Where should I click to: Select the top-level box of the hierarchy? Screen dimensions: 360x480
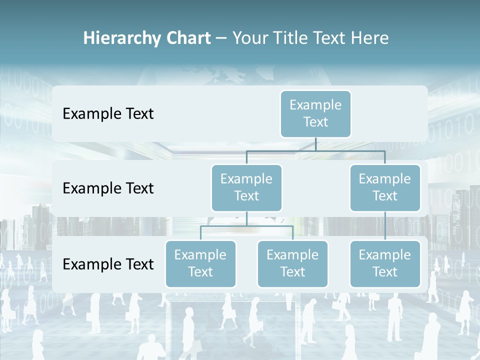315,113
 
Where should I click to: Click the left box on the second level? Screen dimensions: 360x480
246,187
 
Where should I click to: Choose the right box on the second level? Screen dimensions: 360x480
385,187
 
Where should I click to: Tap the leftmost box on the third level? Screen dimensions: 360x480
200,263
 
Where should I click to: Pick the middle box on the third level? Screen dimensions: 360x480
292,263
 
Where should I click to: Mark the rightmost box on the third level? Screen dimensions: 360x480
385,263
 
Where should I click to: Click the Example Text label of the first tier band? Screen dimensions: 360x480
108,114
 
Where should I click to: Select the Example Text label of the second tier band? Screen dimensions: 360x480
108,188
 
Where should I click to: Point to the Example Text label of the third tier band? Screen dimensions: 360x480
108,264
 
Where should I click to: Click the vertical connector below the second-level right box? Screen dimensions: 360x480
385,226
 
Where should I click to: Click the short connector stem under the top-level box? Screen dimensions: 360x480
315,144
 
